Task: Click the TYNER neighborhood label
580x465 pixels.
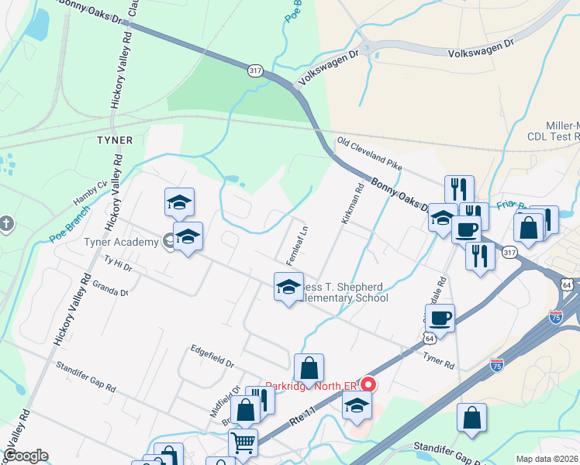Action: coord(115,140)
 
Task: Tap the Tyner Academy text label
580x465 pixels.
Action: coord(120,241)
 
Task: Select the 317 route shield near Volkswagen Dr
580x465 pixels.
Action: coord(255,71)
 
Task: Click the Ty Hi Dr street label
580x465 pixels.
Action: coord(118,265)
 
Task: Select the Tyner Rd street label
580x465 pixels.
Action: coord(438,358)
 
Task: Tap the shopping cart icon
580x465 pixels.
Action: coord(243,443)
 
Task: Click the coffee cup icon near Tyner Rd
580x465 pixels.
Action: coord(440,318)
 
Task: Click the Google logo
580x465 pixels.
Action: coord(26,456)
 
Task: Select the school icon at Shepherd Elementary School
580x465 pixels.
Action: coord(288,287)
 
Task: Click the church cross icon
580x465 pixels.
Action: coord(7,225)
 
